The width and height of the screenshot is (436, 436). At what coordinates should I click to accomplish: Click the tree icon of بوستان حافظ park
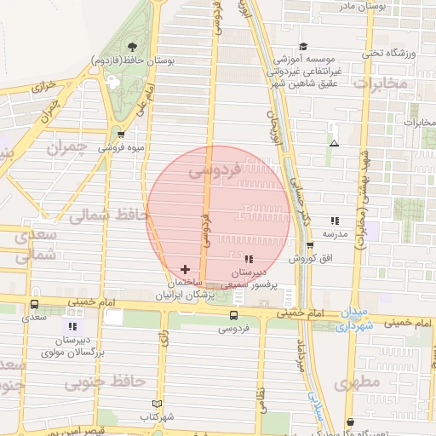pyautogui.click(x=132, y=47)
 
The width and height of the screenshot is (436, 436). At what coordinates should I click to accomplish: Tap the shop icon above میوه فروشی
pyautogui.click(x=120, y=134)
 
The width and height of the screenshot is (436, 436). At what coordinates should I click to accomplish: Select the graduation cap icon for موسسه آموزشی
pyautogui.click(x=303, y=47)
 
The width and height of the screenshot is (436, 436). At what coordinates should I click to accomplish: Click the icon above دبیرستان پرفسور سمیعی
pyautogui.click(x=248, y=259)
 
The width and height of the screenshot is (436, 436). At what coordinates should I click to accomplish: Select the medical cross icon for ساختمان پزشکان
pyautogui.click(x=186, y=269)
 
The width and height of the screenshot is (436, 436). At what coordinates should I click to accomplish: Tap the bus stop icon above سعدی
pyautogui.click(x=34, y=304)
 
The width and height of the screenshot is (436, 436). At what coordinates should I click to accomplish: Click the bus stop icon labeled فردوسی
pyautogui.click(x=233, y=315)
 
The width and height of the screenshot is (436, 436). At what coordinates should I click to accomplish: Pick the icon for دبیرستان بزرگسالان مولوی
pyautogui.click(x=72, y=325)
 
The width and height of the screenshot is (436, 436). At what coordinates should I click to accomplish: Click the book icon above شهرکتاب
pyautogui.click(x=155, y=404)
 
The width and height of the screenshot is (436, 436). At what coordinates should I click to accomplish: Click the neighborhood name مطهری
pyautogui.click(x=358, y=382)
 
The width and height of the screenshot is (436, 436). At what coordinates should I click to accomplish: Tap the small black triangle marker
pyautogui.click(x=334, y=143)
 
